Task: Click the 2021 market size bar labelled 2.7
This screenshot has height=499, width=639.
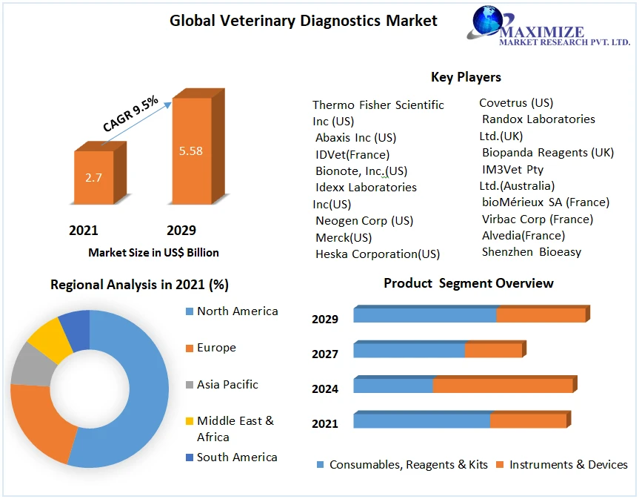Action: coord(94,178)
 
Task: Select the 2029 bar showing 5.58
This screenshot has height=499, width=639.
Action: coord(190,152)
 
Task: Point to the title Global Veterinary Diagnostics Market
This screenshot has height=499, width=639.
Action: coord(304,20)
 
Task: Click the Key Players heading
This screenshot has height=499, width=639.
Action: coord(466,77)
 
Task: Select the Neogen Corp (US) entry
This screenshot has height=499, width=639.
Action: coord(364,221)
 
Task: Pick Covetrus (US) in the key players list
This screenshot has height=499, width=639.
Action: coord(516,102)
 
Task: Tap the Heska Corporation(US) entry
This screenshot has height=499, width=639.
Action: coord(378,254)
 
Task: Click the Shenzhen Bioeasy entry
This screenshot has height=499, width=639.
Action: coord(532,252)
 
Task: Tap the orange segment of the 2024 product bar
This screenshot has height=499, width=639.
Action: coord(502,386)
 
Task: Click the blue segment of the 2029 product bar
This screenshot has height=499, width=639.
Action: coord(424,315)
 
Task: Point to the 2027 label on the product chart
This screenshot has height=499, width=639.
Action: coord(325,354)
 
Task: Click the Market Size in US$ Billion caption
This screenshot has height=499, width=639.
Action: coord(153,253)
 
